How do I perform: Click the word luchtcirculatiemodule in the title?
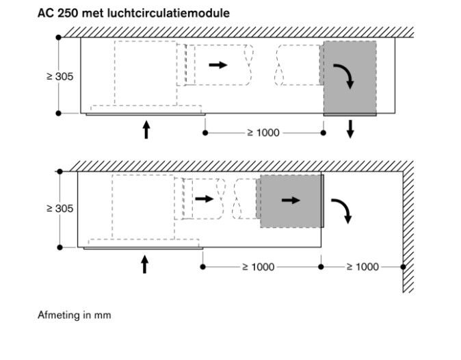pyautogui.click(x=168, y=13)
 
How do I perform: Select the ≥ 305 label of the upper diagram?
pyautogui.click(x=60, y=77)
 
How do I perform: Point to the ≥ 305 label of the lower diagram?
pyautogui.click(x=60, y=209)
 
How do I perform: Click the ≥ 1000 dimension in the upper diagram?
pyautogui.click(x=263, y=133)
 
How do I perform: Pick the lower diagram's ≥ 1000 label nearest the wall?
pyautogui.click(x=363, y=267)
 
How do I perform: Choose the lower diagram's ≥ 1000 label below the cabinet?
pyautogui.click(x=259, y=267)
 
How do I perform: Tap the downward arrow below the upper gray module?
pyautogui.click(x=350, y=129)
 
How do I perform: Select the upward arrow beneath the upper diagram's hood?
pyautogui.click(x=146, y=129)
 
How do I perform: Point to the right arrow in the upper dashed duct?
pyautogui.click(x=218, y=65)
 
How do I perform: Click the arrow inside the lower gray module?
pyautogui.click(x=291, y=201)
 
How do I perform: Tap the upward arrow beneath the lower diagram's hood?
pyautogui.click(x=144, y=264)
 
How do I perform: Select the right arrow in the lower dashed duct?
pyautogui.click(x=205, y=199)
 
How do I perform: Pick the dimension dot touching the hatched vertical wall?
pyautogui.click(x=403, y=267)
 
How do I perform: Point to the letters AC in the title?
pyautogui.click(x=45, y=13)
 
